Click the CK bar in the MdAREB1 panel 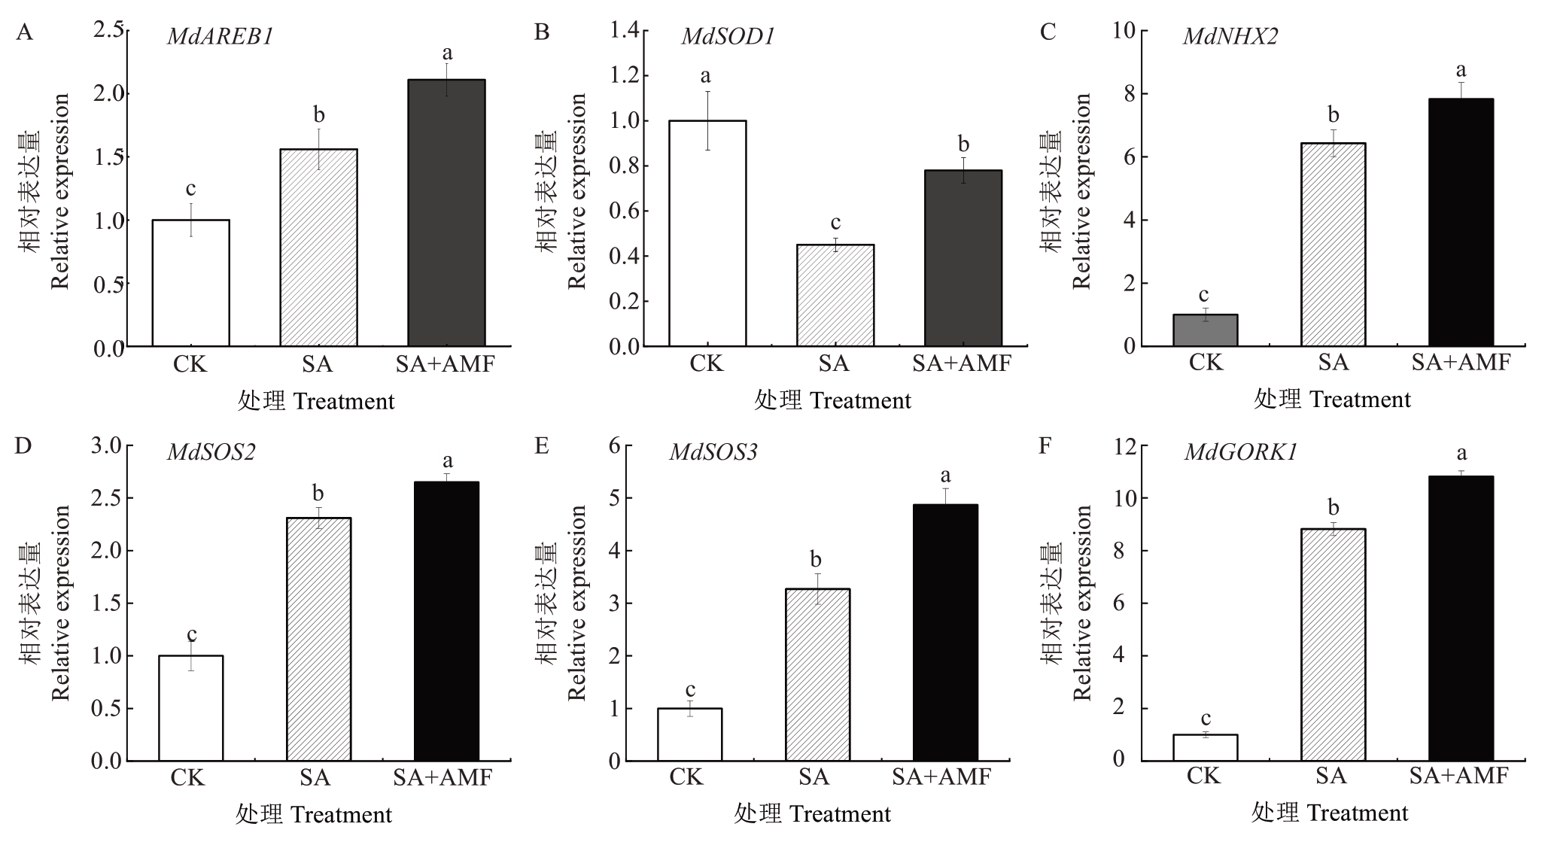pyautogui.click(x=191, y=283)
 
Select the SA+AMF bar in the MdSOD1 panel pyautogui.click(x=963, y=258)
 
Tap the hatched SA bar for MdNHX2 pyautogui.click(x=1333, y=245)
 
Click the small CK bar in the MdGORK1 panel pyautogui.click(x=1205, y=747)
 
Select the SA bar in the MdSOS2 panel pyautogui.click(x=318, y=639)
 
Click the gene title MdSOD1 pyautogui.click(x=727, y=36)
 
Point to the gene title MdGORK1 pyautogui.click(x=1240, y=452)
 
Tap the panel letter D pyautogui.click(x=23, y=445)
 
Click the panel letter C pyautogui.click(x=1047, y=32)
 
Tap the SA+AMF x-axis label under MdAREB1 pyautogui.click(x=446, y=364)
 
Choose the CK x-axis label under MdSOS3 pyautogui.click(x=687, y=777)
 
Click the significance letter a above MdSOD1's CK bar pyautogui.click(x=705, y=76)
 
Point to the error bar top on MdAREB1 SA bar pyautogui.click(x=319, y=129)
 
